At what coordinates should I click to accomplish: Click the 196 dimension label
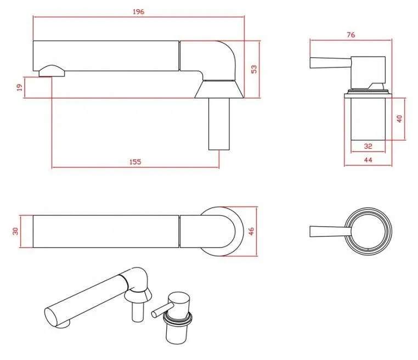pyautogui.click(x=138, y=12)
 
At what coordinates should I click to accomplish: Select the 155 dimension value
pyautogui.click(x=135, y=161)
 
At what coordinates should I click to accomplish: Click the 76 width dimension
pyautogui.click(x=351, y=35)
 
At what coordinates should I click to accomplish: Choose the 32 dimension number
pyautogui.click(x=368, y=146)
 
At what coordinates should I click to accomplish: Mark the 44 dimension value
pyautogui.click(x=368, y=160)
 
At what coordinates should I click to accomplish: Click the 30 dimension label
pyautogui.click(x=16, y=231)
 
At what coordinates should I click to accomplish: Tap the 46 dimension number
pyautogui.click(x=252, y=231)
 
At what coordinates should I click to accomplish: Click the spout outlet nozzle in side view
pyautogui.click(x=52, y=70)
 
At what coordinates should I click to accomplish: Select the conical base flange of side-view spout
pyautogui.click(x=219, y=88)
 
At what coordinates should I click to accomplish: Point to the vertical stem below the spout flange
pyautogui.click(x=219, y=123)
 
